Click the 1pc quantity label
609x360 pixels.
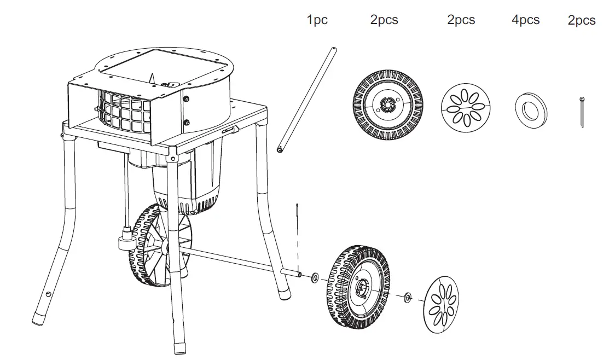click(x=317, y=20)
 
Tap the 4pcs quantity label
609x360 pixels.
click(x=525, y=20)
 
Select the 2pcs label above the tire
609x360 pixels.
click(x=384, y=20)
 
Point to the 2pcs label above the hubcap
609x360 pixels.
click(x=461, y=20)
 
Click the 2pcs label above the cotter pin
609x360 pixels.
click(x=582, y=21)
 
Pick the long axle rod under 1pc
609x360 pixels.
click(x=307, y=101)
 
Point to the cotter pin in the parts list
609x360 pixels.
click(x=582, y=113)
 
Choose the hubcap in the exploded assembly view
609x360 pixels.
click(x=442, y=304)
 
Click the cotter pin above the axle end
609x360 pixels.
click(x=296, y=210)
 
